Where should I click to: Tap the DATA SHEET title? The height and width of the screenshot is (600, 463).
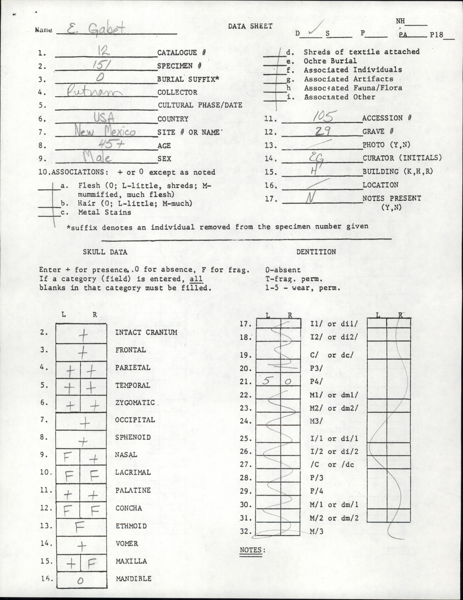tap(250, 26)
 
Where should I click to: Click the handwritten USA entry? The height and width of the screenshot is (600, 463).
tap(104, 118)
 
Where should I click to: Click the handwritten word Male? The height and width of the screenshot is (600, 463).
tap(97, 158)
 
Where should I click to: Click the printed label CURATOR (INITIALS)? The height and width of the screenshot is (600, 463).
tap(402, 158)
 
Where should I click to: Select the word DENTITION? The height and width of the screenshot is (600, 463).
tap(316, 252)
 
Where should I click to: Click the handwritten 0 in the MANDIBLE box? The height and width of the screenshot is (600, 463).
tap(80, 580)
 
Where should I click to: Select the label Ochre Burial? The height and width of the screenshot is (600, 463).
tap(330, 61)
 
